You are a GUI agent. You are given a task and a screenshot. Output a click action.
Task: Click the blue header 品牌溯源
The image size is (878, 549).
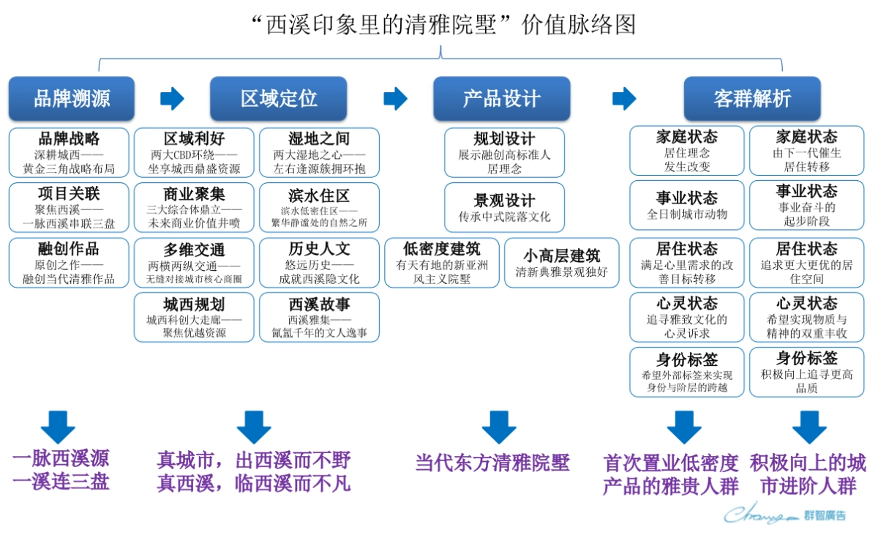tap(72, 99)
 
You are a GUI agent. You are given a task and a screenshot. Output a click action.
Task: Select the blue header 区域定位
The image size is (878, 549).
tap(279, 99)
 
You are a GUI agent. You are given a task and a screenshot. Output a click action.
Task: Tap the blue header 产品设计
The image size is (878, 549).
tap(501, 99)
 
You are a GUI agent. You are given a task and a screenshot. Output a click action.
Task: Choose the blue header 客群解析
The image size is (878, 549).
tap(751, 99)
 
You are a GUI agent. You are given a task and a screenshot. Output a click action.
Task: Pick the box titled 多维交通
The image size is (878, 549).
tap(195, 263)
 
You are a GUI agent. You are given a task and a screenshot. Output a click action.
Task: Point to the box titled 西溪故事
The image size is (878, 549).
tap(319, 317)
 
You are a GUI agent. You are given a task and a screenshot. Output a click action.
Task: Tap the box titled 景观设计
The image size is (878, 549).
tap(504, 208)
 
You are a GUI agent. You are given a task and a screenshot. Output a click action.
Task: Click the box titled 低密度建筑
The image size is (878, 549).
tap(442, 263)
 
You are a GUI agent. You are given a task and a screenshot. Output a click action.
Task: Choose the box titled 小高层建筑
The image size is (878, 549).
tap(561, 263)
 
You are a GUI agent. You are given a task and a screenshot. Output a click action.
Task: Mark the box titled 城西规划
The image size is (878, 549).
tap(195, 317)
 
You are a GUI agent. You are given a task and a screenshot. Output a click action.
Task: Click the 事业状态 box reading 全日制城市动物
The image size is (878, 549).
tap(686, 205)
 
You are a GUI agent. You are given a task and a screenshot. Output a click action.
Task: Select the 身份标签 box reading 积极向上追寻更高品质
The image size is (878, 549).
tap(806, 372)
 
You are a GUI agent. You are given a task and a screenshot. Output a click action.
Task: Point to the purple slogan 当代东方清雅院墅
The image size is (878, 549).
tap(492, 463)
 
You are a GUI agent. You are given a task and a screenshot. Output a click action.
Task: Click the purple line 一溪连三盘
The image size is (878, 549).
tap(61, 482)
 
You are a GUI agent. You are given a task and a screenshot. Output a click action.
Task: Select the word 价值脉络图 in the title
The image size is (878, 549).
tap(579, 25)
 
